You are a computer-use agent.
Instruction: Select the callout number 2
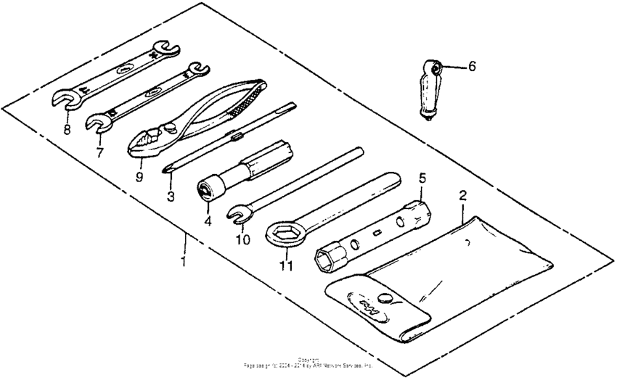(x=462, y=196)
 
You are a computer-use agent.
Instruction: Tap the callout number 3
(x=169, y=196)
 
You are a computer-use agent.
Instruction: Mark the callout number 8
(x=67, y=131)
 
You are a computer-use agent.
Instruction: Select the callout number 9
(x=139, y=176)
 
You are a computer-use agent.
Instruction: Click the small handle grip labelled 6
(x=429, y=91)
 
